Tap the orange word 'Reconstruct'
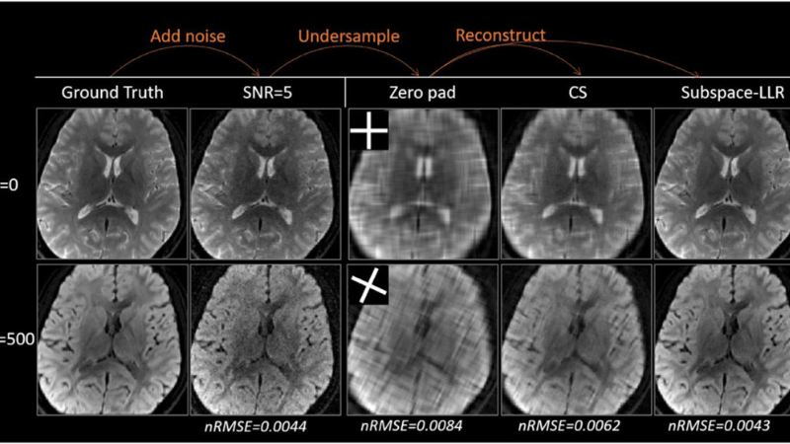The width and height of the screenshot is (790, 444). pyautogui.click(x=501, y=36)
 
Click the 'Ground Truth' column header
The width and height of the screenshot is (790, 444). pyautogui.click(x=111, y=93)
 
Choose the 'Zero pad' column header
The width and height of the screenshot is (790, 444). pyautogui.click(x=414, y=93)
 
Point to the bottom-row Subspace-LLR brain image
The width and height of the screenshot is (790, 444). pyautogui.click(x=723, y=335)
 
